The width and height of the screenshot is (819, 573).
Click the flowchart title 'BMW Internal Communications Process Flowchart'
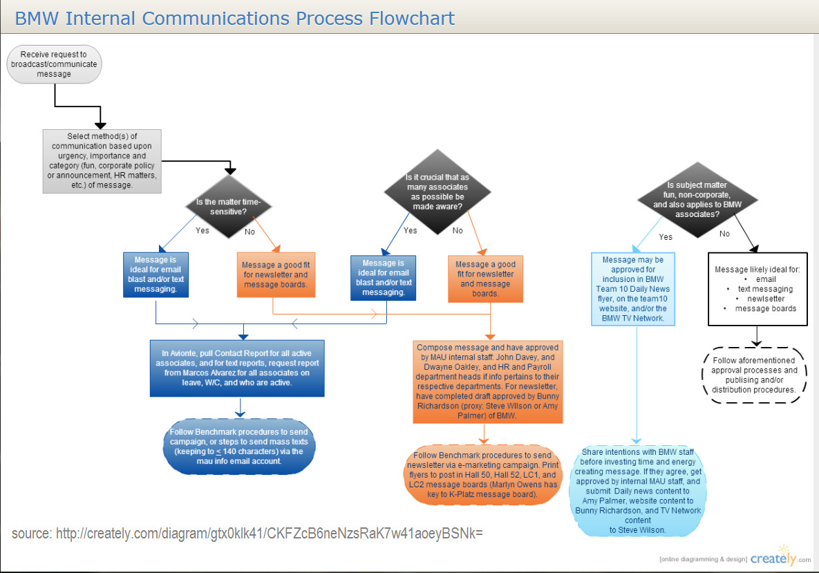point(235,18)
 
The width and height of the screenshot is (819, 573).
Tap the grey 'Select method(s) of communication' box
point(102,160)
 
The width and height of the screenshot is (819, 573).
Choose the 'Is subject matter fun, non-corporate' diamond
point(696,200)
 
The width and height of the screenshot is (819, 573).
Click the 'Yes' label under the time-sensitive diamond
point(202,230)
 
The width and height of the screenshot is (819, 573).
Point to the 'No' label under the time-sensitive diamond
point(250,232)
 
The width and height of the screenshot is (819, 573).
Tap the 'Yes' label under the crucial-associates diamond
point(410,230)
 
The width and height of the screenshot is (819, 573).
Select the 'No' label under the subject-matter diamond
point(724,234)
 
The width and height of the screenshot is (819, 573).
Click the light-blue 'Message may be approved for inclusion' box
point(633,289)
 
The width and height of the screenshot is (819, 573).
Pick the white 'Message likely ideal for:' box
point(757,289)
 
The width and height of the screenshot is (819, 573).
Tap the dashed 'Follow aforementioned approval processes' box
point(754,375)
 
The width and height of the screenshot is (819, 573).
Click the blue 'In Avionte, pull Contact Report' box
point(237,368)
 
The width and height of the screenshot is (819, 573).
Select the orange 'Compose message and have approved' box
point(489,382)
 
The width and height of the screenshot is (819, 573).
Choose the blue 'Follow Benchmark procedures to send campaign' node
point(239,448)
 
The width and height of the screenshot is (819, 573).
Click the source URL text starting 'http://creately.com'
point(269,534)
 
